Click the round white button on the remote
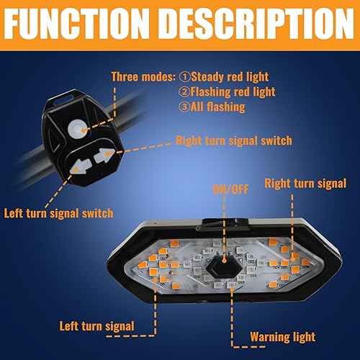point(76,128)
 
